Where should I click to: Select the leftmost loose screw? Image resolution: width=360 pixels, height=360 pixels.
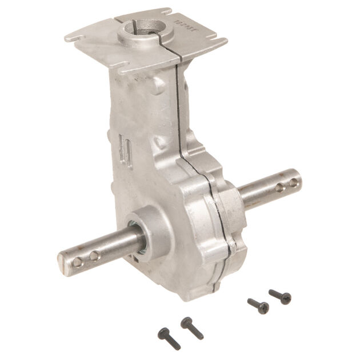coord(169,338)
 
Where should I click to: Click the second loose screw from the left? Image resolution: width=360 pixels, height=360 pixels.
coord(192,327)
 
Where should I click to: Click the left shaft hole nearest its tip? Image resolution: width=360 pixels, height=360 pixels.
coord(78,262)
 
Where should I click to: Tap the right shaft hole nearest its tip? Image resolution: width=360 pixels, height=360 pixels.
coord(293,183)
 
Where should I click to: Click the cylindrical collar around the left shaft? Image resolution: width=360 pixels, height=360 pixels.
coord(150,231)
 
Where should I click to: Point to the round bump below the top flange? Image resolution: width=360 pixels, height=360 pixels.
coord(159,85)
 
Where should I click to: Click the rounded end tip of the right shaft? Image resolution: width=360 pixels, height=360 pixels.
coord(299,181)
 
